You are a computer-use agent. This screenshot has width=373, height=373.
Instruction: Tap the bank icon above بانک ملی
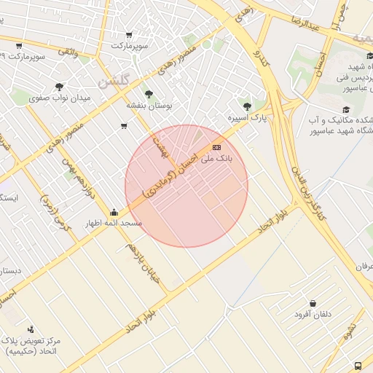(x=216, y=147)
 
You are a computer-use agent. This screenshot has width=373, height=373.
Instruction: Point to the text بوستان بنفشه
(x=149, y=105)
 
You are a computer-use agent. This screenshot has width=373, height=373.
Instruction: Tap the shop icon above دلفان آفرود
(x=313, y=303)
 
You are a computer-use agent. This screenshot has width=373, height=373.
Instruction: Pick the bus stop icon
(x=358, y=365)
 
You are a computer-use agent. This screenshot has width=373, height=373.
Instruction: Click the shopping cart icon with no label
(x=124, y=126)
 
